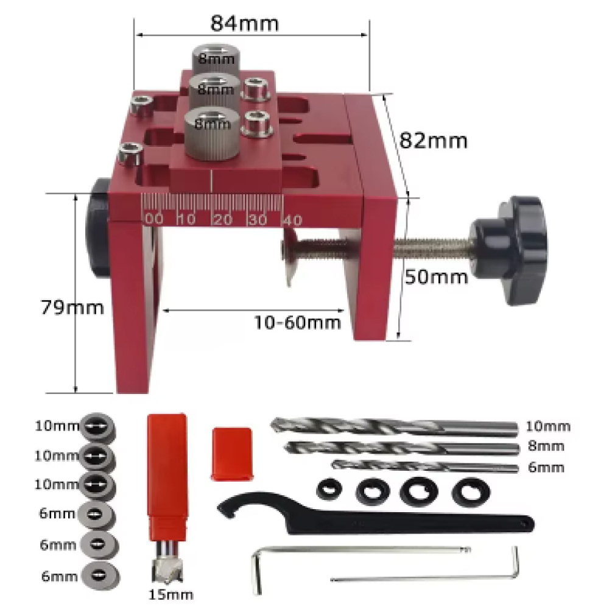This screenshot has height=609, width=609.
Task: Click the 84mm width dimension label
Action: pos(244,23)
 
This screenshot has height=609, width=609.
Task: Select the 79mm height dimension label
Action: pos(72,307)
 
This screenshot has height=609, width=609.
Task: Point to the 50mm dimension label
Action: pos(436,277)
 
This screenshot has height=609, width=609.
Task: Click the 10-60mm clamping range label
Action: pos(298,322)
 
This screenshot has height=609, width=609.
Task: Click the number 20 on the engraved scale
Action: pos(223,220)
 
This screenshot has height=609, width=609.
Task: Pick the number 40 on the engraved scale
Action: pos(292,220)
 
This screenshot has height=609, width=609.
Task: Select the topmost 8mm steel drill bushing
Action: pos(216,59)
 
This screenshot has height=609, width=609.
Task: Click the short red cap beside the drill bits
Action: pos(232,454)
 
